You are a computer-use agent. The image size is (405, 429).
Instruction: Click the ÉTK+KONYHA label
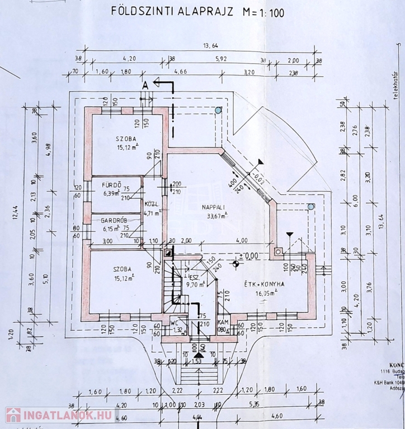(264, 283)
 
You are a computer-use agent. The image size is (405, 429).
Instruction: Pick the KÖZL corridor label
(150, 203)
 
